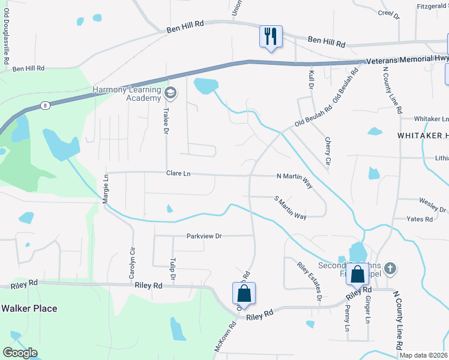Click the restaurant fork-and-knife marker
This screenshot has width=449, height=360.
[x=270, y=36]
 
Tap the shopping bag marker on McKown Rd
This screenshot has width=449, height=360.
[x=244, y=294]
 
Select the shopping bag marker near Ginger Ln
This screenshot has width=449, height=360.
[x=357, y=275]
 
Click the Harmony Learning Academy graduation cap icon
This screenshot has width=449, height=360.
[x=170, y=93]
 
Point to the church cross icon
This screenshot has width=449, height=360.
[x=390, y=269]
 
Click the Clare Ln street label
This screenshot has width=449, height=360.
[x=178, y=173]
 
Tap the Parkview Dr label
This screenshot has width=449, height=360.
[x=204, y=236]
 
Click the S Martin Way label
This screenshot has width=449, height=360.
[x=290, y=208]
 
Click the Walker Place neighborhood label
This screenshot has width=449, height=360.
[x=29, y=308]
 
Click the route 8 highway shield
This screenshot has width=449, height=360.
[x=45, y=105]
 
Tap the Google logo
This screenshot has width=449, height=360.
[x=20, y=353]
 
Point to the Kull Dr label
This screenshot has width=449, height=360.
[x=311, y=79]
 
